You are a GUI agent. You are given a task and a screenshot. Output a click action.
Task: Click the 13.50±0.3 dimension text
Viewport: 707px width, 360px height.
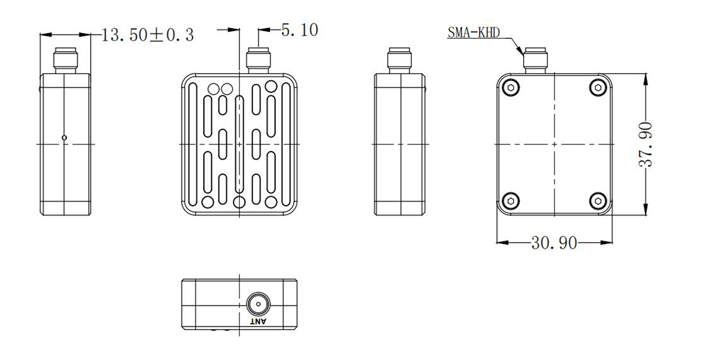(x=148, y=35)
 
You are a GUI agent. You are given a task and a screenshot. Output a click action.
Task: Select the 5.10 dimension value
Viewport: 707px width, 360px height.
(x=299, y=30)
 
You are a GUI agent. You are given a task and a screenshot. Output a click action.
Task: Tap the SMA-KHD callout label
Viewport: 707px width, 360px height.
(x=473, y=33)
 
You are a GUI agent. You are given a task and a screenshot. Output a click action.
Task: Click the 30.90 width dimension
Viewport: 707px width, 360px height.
(x=554, y=243)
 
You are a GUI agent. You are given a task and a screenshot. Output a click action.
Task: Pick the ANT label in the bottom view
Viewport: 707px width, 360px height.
(x=258, y=322)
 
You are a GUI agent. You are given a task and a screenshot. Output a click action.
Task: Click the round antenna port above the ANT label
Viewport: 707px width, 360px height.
(x=257, y=305)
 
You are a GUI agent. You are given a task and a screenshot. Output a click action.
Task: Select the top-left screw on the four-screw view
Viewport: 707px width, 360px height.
(x=511, y=88)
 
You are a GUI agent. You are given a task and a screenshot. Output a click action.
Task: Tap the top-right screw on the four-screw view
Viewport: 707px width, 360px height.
(x=599, y=88)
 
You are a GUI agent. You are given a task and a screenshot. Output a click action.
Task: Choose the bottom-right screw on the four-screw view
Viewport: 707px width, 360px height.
(x=599, y=200)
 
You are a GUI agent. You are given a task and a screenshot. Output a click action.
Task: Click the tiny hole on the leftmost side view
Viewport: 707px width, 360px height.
(x=64, y=138)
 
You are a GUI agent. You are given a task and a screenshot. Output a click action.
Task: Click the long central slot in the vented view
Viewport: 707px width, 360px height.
(x=239, y=144)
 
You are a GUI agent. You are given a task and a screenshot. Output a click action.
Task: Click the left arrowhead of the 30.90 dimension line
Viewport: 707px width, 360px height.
(x=501, y=242)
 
